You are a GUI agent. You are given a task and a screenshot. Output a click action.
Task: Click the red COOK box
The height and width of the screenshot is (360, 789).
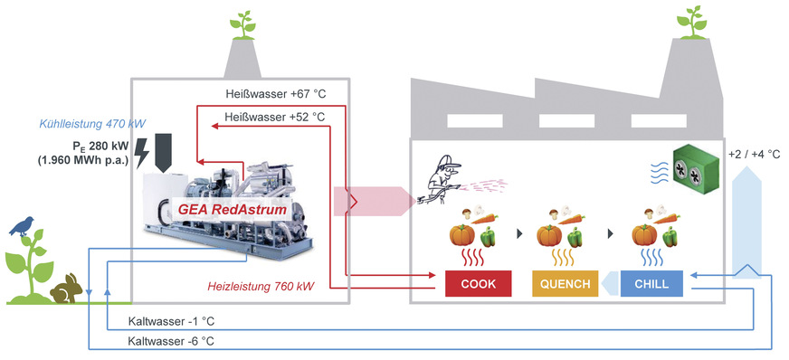(478, 284)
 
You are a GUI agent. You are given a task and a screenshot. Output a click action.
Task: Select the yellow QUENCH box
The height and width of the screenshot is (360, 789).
(566, 284)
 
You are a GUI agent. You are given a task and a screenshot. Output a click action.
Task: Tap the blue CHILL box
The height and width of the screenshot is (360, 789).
(651, 284)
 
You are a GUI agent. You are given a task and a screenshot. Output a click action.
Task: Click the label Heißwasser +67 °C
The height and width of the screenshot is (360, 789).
(275, 93)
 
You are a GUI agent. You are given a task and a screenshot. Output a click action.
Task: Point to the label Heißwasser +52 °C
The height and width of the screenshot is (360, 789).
(275, 116)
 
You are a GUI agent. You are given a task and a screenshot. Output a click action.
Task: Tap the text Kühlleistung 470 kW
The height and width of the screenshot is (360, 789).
(93, 123)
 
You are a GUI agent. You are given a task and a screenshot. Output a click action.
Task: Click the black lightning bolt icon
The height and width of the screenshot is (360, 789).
(142, 155)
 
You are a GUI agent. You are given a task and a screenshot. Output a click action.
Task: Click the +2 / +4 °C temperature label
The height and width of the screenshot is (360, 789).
(753, 154)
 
